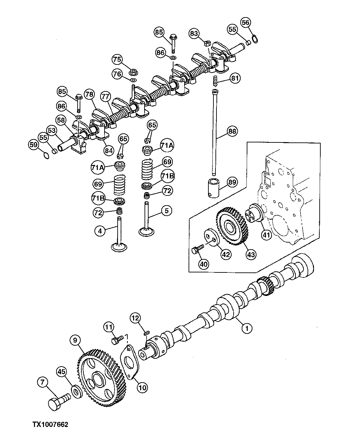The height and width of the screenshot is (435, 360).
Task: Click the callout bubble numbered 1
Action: tap(247, 328)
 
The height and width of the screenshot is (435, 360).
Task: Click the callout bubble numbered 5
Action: tap(166, 211)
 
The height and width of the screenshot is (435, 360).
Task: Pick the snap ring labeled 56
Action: tap(255, 40)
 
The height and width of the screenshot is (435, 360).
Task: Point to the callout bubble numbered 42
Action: tap(226, 255)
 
